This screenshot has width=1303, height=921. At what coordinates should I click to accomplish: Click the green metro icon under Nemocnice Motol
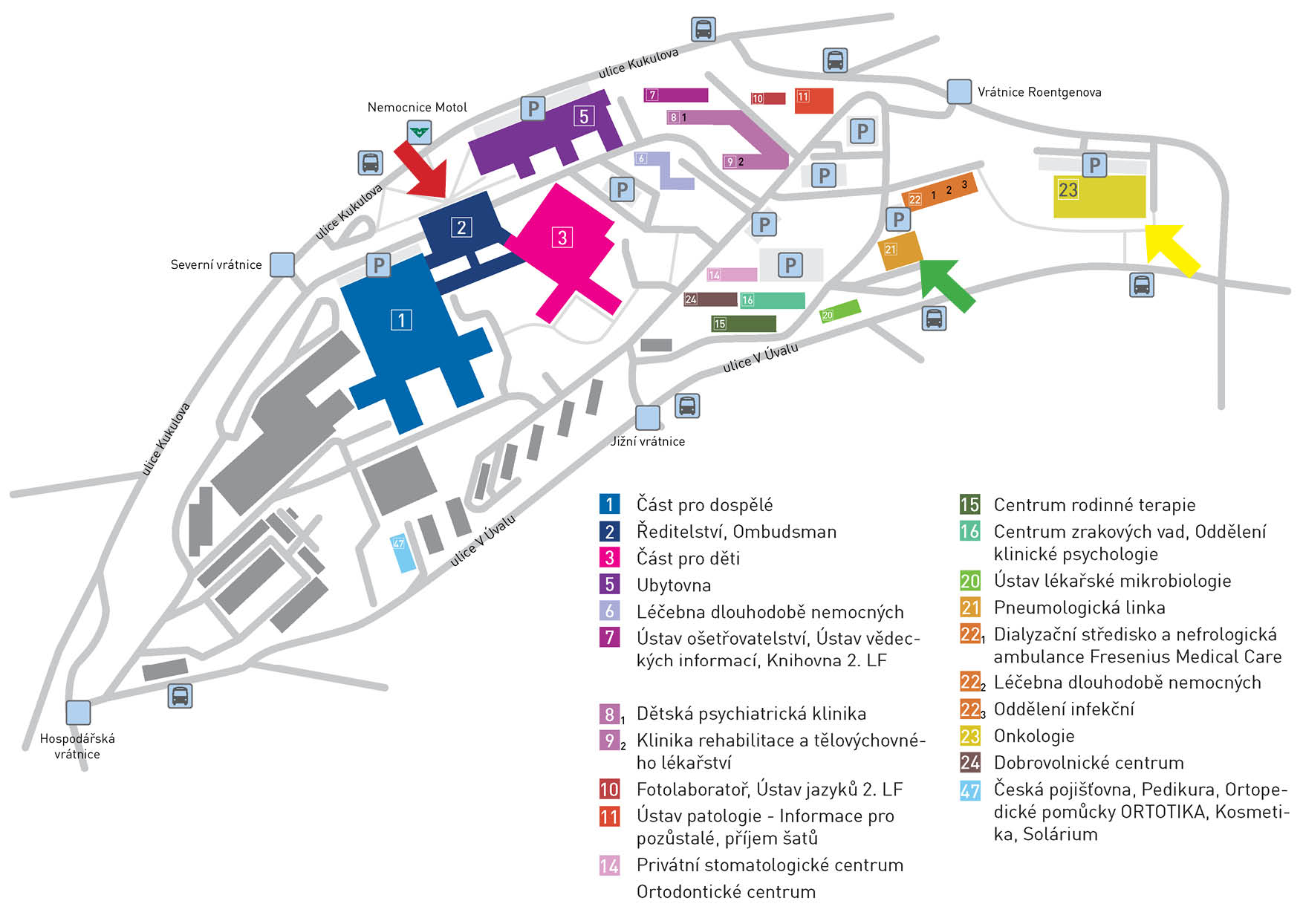click(420, 133)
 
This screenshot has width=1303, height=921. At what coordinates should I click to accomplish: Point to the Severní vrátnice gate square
click(282, 264)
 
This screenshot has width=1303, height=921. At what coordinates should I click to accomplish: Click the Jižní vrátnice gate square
click(648, 417)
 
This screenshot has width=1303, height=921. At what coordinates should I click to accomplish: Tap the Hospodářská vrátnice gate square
click(78, 712)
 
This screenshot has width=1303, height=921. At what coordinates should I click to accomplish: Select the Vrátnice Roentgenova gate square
click(960, 91)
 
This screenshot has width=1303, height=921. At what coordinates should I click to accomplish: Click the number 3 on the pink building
click(562, 238)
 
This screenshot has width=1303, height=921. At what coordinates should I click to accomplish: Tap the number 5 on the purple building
click(584, 116)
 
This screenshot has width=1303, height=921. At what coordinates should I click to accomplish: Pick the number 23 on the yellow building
click(1068, 190)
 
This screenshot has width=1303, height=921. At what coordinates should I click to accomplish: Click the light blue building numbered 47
click(403, 553)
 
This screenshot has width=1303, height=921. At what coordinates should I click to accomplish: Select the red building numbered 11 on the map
click(814, 100)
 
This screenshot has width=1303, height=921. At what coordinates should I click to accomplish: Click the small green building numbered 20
click(840, 311)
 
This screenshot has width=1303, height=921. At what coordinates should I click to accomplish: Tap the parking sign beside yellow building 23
click(1094, 165)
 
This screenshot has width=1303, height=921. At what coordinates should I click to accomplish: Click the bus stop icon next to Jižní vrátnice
click(688, 406)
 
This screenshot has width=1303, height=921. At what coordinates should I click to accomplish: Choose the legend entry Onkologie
click(1034, 736)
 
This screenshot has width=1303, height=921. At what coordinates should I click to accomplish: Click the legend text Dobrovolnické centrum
click(1088, 763)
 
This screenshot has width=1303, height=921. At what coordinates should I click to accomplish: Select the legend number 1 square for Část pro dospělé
click(609, 504)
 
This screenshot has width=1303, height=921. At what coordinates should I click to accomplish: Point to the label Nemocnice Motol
click(417, 107)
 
